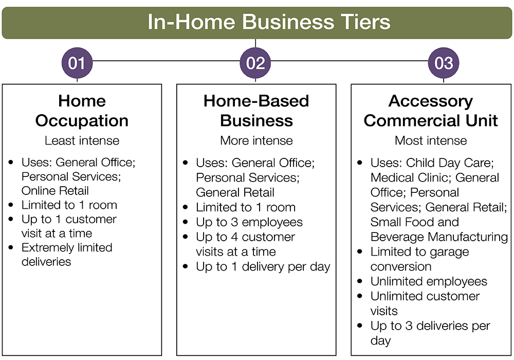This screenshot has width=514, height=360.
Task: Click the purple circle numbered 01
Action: coord(77,63)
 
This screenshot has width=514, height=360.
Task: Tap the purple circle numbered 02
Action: coord(255,63)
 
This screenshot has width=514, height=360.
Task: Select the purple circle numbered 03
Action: coord(444,63)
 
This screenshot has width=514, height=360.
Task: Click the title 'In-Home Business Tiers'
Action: coord(269,23)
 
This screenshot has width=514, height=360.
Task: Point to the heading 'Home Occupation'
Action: coord(82,111)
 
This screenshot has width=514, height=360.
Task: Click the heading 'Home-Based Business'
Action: coord(256,111)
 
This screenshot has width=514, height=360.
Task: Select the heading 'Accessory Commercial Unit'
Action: coord(431,111)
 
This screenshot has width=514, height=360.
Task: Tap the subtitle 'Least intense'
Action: coord(82,140)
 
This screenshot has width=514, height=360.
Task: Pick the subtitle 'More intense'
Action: coord(256,140)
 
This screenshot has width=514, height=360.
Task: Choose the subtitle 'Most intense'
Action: coord(431,140)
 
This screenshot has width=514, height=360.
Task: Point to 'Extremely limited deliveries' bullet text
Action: coord(66,254)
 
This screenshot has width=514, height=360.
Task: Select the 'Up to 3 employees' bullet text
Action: coord(249,222)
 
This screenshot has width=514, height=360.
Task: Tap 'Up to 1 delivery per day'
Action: coord(263,267)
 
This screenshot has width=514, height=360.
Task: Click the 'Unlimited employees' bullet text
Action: coord(429,281)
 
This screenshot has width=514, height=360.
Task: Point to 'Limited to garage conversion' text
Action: coord(419,259)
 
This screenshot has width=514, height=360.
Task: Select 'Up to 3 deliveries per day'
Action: coord(430,333)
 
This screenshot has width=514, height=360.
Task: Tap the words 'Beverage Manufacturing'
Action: coord(439,237)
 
